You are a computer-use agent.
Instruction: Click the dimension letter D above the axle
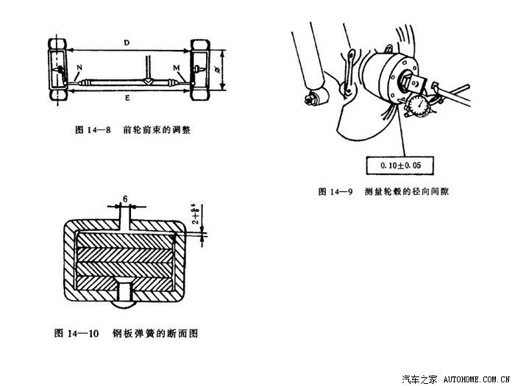127,43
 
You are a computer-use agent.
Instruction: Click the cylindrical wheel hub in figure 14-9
386,77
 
